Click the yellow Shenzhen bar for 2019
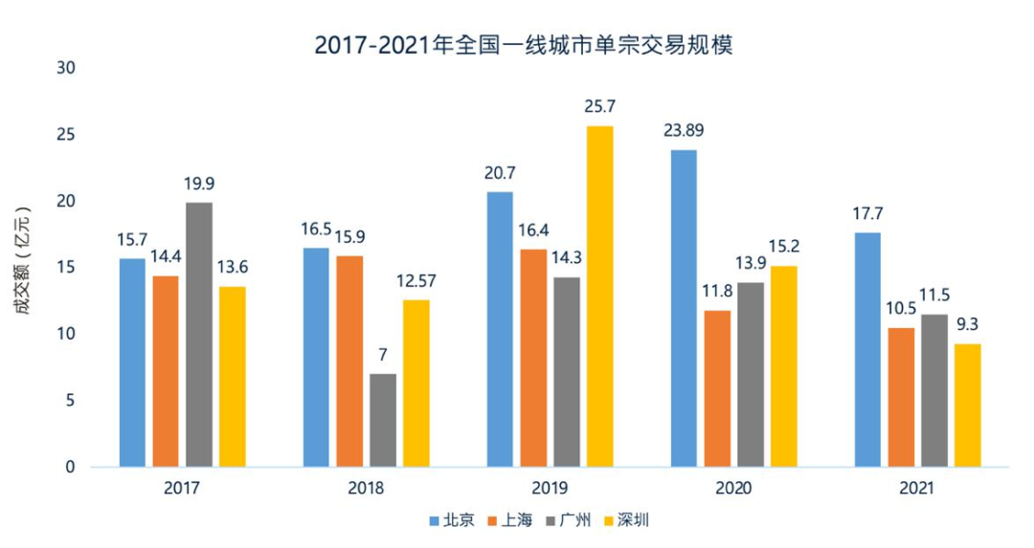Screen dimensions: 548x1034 599,296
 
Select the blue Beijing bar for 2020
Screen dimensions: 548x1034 684,308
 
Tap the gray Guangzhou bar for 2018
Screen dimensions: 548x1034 383,420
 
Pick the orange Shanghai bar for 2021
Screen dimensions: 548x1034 901,397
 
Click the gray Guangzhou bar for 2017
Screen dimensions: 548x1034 199,335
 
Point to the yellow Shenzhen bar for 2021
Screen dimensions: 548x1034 968,406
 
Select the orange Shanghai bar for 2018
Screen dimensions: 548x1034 349,362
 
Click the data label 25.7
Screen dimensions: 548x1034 599,106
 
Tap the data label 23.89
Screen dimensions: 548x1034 686,130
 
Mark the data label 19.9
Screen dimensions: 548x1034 198,183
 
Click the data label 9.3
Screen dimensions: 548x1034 968,324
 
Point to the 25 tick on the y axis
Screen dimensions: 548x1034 67,135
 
